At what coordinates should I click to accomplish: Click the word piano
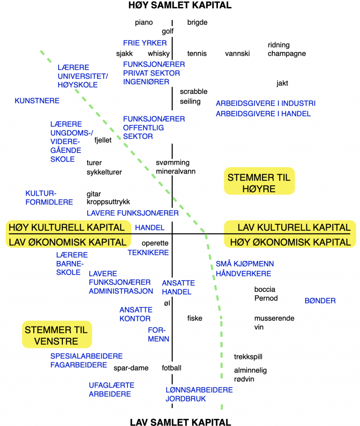click(143, 23)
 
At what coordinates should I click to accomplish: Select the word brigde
click(197, 23)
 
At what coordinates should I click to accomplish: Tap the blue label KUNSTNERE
click(37, 101)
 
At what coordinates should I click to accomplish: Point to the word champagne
click(287, 54)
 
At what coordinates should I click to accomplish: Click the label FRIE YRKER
click(145, 43)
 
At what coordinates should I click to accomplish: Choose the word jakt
click(282, 83)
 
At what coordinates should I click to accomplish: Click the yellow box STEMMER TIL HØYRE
click(259, 181)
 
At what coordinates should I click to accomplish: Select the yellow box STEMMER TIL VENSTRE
click(57, 335)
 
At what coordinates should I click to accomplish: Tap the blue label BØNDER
click(320, 301)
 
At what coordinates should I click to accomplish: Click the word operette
click(155, 243)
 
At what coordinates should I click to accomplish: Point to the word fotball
click(171, 368)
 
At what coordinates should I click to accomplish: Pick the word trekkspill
click(248, 357)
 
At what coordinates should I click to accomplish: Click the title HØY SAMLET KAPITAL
click(180, 5)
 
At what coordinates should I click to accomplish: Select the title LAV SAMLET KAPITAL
click(180, 422)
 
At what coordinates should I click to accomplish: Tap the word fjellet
click(103, 140)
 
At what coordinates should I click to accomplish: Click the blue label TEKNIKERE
click(148, 253)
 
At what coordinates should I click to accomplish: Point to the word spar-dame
click(131, 368)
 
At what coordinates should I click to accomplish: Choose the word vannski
click(237, 53)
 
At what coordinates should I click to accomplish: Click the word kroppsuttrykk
click(108, 202)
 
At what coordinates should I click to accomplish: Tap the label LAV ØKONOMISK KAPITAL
click(67, 242)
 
